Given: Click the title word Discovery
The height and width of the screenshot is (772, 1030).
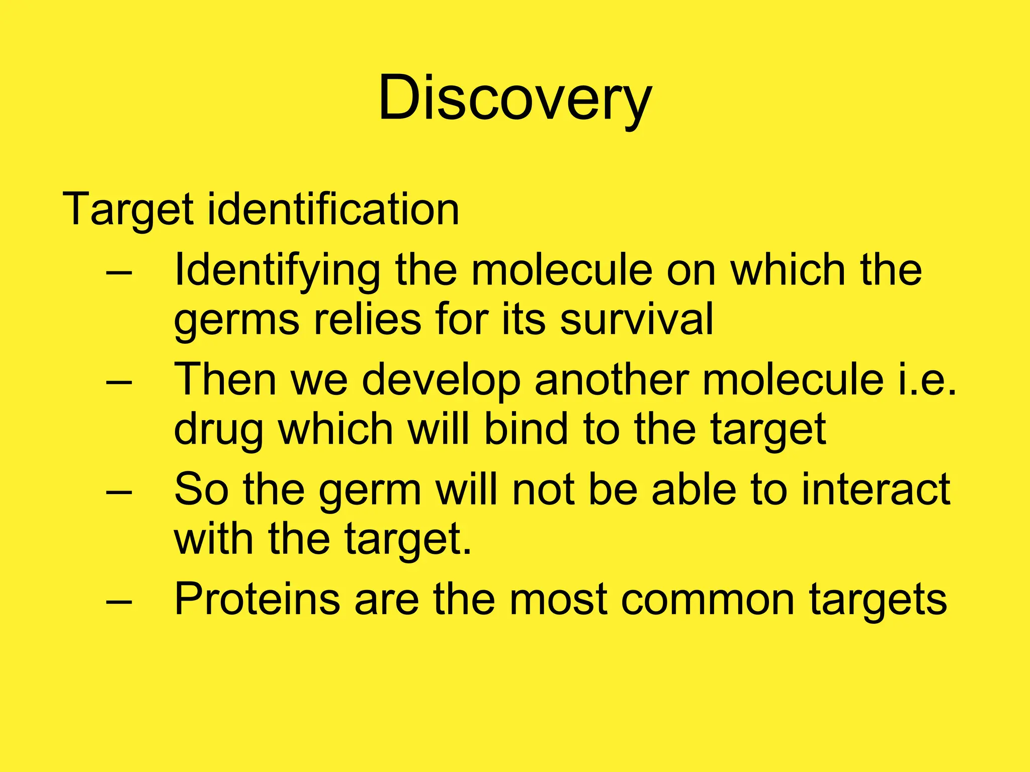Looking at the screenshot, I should click(514, 98).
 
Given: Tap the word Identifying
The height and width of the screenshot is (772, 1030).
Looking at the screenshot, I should click(277, 271).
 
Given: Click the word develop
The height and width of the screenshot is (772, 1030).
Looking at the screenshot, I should click(441, 381).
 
